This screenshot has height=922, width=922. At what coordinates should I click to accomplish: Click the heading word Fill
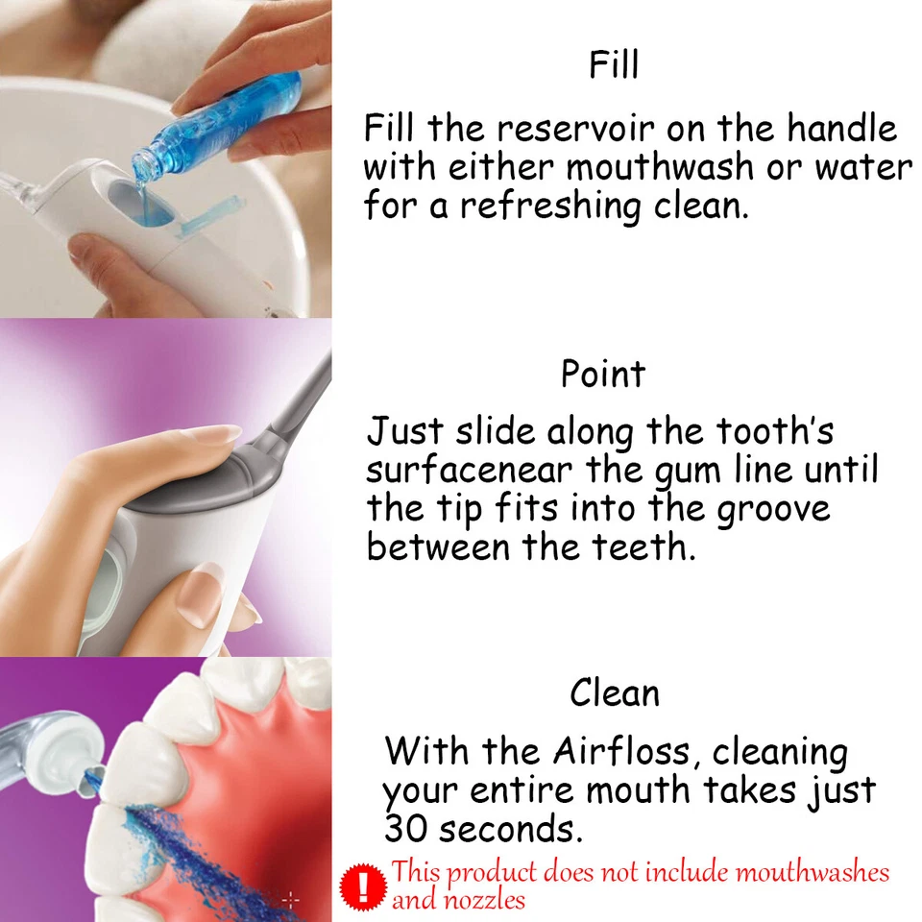[x=614, y=65]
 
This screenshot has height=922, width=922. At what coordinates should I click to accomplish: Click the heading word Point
[x=603, y=374]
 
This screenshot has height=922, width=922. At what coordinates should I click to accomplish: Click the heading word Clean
[x=615, y=692]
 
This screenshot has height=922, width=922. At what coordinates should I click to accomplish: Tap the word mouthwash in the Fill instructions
[x=660, y=167]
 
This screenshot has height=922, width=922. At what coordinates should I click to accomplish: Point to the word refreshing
[x=548, y=206]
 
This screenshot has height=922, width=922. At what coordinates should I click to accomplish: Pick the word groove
[x=773, y=509]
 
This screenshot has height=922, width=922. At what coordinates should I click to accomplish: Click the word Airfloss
[x=624, y=750]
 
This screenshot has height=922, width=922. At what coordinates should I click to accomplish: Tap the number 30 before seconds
[x=404, y=827]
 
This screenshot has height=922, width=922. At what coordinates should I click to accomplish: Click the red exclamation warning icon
[x=363, y=886]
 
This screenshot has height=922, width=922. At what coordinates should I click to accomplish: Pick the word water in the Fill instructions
[x=863, y=167]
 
